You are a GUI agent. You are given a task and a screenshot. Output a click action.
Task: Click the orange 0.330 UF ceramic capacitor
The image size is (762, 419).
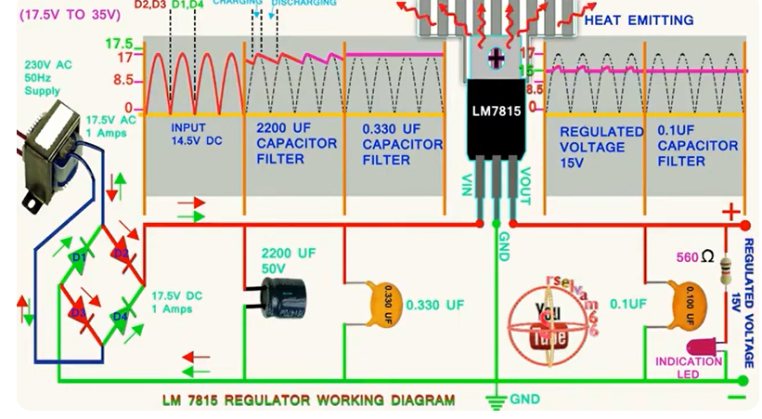pos(387,304)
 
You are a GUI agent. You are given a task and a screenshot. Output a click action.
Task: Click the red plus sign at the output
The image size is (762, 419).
pos(732,211)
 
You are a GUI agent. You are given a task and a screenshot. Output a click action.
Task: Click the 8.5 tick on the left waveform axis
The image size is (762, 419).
pos(123,80)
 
